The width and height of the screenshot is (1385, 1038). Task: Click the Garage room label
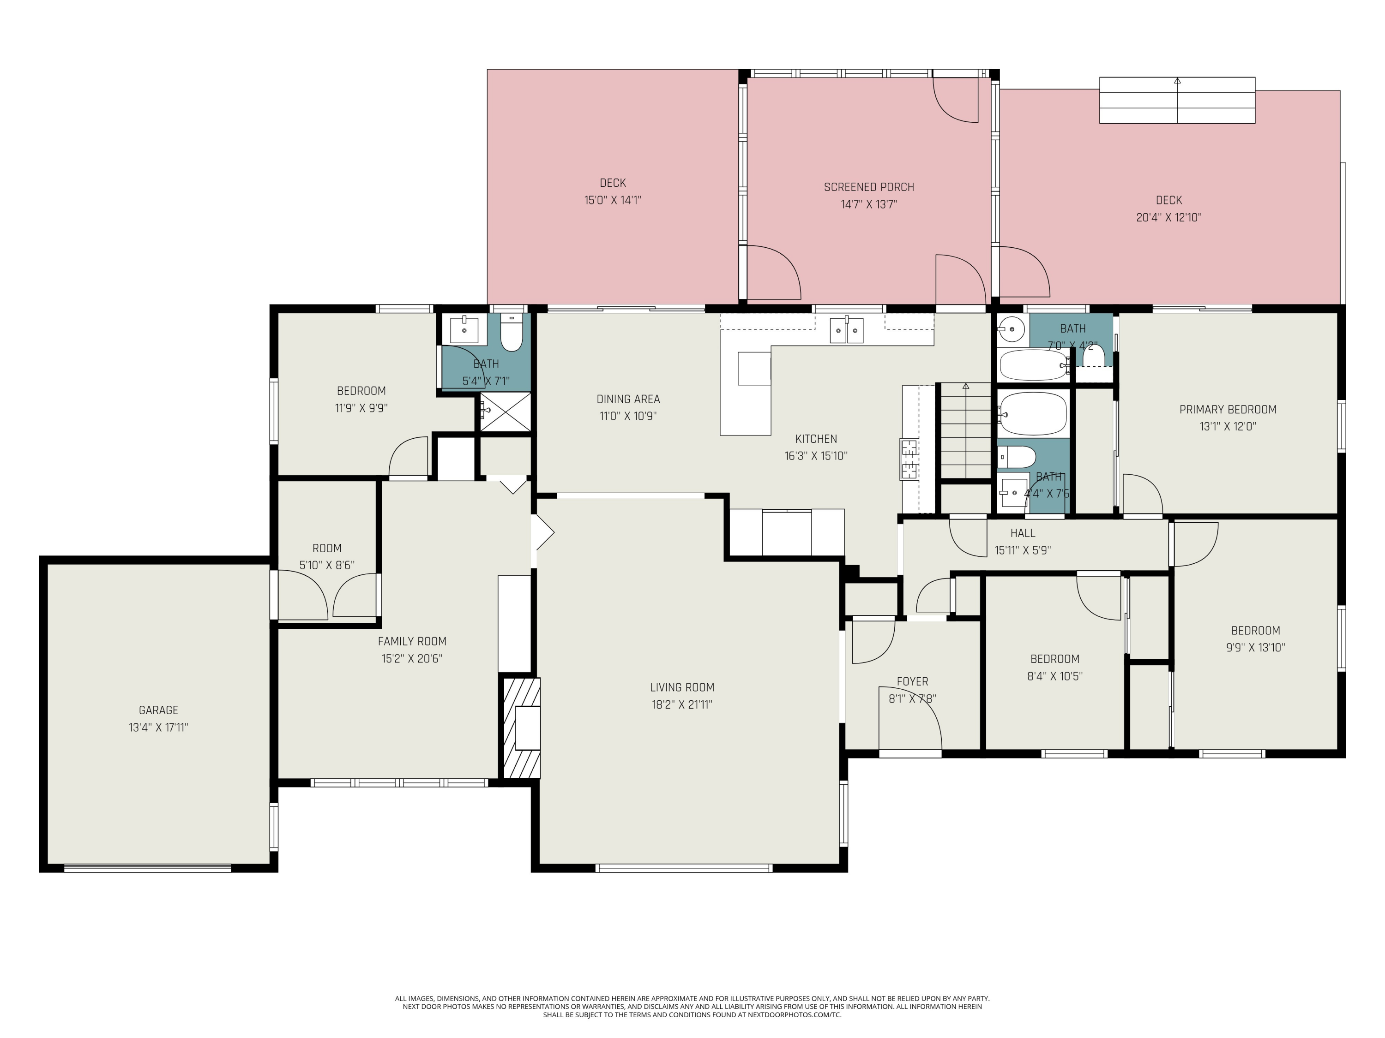coord(158,710)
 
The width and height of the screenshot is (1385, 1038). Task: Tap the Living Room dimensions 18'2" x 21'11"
coord(682,704)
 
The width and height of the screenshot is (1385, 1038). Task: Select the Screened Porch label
coord(869,187)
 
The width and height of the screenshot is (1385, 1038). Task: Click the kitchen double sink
coord(847,330)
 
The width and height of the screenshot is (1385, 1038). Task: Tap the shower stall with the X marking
coord(505,411)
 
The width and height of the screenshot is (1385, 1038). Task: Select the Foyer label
coord(912,681)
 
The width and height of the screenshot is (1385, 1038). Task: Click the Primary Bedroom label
coord(1228,409)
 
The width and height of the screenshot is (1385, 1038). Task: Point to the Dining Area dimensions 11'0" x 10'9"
coord(628,416)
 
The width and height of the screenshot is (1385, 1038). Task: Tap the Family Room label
coord(412,641)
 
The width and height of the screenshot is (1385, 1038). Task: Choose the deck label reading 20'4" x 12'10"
coord(1169,218)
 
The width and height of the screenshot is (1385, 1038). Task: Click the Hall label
coord(1023,533)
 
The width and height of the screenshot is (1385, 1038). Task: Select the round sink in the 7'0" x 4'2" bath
coord(1011,327)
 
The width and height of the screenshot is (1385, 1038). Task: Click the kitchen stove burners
coord(909,459)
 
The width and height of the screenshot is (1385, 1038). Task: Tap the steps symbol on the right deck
coord(1177,100)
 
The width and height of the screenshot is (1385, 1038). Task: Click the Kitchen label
coord(816,439)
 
